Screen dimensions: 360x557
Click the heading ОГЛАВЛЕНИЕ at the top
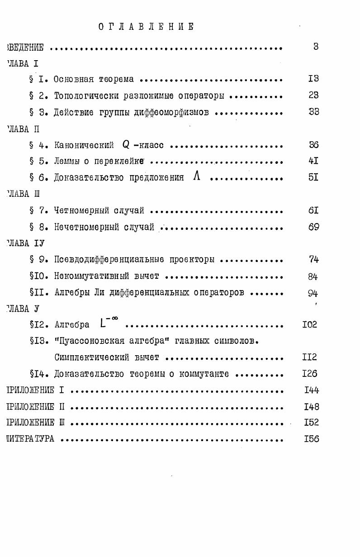coord(147,27)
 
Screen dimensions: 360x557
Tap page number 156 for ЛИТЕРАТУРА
coord(312,438)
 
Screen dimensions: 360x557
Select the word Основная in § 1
coord(73,79)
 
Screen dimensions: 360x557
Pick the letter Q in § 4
coord(126,145)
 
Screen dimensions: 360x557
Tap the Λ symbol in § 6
coord(196,177)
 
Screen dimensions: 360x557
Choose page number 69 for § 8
coord(313,227)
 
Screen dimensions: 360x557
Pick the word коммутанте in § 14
coord(204,374)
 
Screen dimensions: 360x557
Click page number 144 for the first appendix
coord(312,389)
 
